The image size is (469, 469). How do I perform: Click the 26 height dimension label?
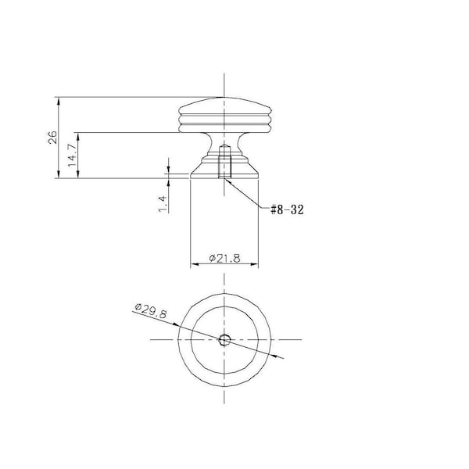(x=52, y=137)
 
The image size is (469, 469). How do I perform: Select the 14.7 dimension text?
(x=72, y=156)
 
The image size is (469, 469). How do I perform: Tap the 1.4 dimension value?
(x=162, y=204)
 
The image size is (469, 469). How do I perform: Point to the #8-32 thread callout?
(x=287, y=209)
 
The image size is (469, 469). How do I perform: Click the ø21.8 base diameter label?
(x=224, y=258)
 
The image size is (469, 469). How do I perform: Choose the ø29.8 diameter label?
(x=151, y=311)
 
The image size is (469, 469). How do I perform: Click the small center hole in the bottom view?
(x=224, y=340)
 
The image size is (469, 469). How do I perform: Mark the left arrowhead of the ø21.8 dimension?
(x=195, y=264)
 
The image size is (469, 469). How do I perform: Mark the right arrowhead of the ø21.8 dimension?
(x=254, y=264)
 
